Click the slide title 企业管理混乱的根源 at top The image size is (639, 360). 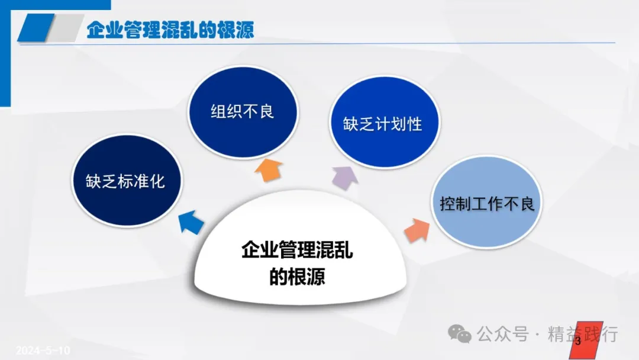170,30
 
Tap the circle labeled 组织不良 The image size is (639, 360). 243,112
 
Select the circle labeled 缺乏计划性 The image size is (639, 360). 385,122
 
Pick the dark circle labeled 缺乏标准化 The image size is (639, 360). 127,181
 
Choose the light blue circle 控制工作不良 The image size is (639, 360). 486,202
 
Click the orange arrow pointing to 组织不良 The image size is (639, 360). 269,170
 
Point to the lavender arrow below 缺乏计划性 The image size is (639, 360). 345,178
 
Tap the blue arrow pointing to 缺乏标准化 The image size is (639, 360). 191,222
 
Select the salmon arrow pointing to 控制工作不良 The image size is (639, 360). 417,230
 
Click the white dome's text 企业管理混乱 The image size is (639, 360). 297,249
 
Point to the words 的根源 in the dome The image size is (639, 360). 297,277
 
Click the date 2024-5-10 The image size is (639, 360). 43,350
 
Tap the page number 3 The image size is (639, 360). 577,341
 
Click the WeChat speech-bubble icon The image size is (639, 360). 460,334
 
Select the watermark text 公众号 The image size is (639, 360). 503,334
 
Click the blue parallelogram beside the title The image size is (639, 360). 36,28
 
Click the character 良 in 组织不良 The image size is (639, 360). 266,111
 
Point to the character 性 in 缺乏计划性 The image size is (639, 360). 414,124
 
